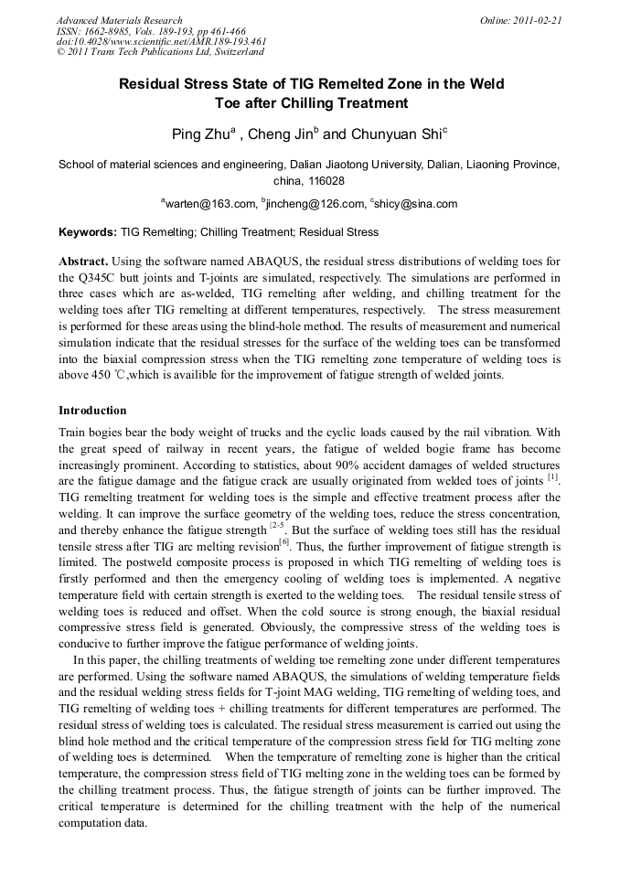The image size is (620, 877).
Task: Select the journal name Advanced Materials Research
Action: tap(120, 20)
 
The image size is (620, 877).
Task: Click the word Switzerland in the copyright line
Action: tap(228, 52)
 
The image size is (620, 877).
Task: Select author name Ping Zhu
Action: tap(202, 134)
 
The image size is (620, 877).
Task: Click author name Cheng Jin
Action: tap(283, 134)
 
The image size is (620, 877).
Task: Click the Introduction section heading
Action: tap(92, 411)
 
